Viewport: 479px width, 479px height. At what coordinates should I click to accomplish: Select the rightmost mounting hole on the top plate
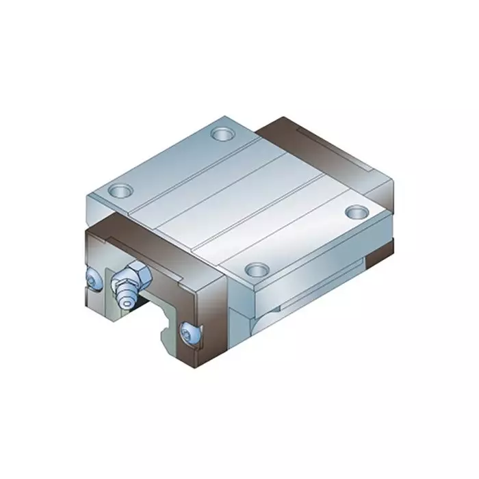(x=355, y=213)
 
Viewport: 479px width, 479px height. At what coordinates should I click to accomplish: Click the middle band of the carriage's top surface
(x=239, y=198)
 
